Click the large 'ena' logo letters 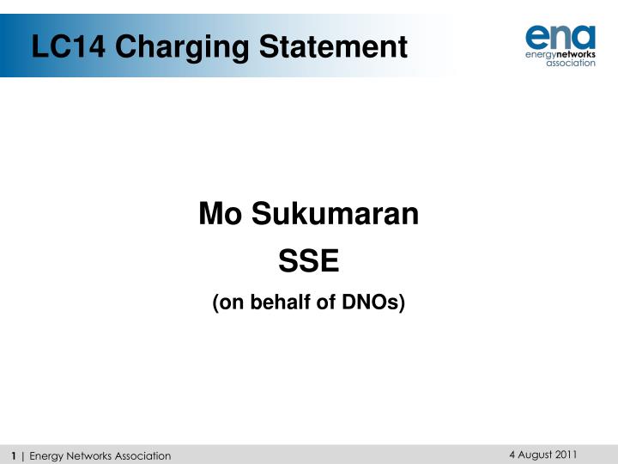click(560, 36)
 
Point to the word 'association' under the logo click(571, 63)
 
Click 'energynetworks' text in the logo click(560, 53)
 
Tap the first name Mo click(218, 214)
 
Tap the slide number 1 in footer click(15, 455)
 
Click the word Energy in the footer click(45, 455)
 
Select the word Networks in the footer click(90, 455)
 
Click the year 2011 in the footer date click(564, 455)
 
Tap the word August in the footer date click(531, 455)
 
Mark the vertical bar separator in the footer click(23, 455)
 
